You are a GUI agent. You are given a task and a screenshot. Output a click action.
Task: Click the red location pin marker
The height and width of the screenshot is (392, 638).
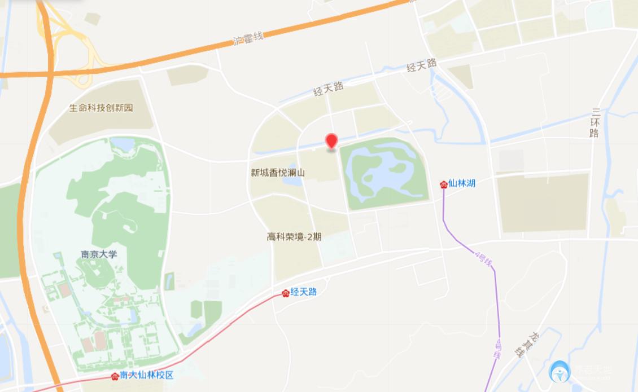click(x=331, y=141)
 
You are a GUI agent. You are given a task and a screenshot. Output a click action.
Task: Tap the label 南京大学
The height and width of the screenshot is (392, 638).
click(x=99, y=254)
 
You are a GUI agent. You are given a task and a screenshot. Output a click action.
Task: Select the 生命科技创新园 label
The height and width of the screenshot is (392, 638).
click(x=101, y=108)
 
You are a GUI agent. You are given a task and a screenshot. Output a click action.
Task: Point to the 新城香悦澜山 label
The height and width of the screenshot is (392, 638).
click(x=278, y=173)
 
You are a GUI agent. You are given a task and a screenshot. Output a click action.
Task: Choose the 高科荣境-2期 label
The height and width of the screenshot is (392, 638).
click(x=294, y=237)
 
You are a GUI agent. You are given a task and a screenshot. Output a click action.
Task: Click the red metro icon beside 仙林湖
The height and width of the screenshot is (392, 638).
click(x=444, y=184)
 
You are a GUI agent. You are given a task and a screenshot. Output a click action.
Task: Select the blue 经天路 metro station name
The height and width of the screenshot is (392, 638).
click(x=304, y=292)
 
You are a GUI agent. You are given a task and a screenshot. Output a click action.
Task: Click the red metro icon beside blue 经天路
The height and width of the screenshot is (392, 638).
click(x=286, y=293)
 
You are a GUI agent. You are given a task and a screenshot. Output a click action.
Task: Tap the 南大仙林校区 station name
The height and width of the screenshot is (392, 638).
click(x=146, y=376)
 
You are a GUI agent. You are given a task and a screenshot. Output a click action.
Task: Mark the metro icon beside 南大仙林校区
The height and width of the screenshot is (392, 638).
click(x=115, y=376)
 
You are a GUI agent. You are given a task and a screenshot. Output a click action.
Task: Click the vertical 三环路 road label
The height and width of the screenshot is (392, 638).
click(x=594, y=122)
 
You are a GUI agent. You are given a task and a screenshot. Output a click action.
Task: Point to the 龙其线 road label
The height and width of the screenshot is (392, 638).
click(x=525, y=343)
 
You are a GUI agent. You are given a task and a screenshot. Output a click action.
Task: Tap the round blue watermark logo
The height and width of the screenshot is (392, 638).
click(x=560, y=372)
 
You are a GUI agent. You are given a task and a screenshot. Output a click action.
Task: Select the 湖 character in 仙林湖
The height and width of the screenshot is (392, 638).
click(x=471, y=183)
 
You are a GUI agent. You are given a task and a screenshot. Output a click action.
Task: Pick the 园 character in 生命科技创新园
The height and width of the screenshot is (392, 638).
click(x=129, y=108)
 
